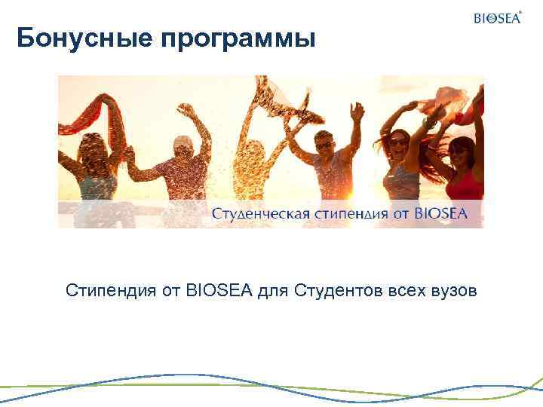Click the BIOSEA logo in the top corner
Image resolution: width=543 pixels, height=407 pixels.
[496, 18]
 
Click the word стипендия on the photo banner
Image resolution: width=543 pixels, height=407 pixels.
[346, 214]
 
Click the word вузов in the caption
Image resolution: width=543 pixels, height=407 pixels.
[454, 290]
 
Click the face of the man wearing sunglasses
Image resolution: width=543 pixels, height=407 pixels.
[324, 142]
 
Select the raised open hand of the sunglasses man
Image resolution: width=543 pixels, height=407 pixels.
[356, 110]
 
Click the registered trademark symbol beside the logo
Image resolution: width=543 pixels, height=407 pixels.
[520, 11]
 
